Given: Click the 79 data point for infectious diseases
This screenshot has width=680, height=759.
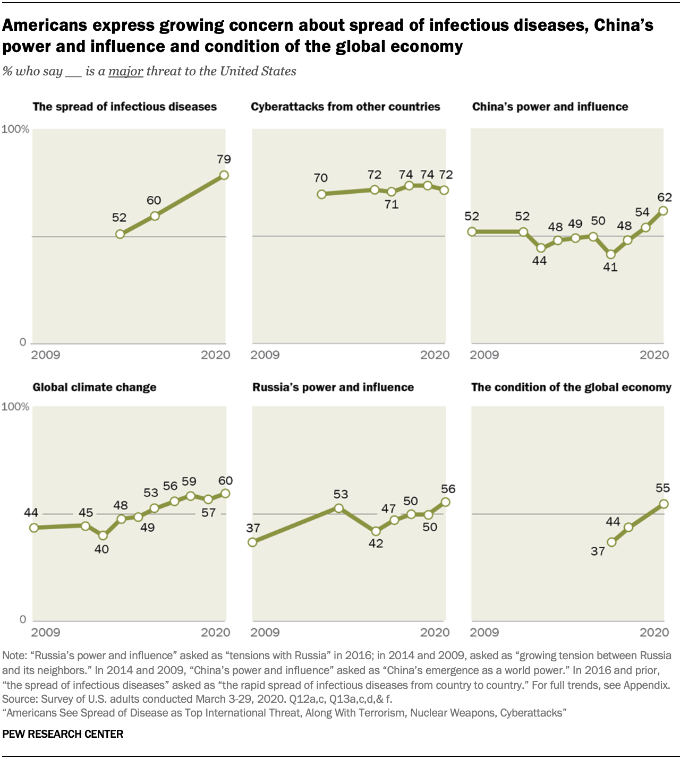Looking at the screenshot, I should (x=224, y=175).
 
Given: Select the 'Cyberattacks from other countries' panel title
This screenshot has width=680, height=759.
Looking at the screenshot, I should (x=345, y=107).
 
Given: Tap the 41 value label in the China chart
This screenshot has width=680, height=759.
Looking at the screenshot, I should (x=610, y=267).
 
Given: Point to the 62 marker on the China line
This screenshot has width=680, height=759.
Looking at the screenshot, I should (x=663, y=211).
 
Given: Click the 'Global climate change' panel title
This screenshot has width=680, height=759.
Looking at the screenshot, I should (x=95, y=387).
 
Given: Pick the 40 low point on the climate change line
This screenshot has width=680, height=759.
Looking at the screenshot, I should (x=103, y=536).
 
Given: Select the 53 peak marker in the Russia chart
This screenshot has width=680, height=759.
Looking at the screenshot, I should (x=339, y=508).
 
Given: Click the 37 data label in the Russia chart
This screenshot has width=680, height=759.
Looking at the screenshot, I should (x=253, y=528).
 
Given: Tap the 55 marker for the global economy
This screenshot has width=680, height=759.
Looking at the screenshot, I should (x=664, y=504).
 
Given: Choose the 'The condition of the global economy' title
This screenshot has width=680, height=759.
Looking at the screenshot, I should (x=571, y=387).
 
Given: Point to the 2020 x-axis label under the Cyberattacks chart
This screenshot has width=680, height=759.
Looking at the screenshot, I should (x=435, y=355).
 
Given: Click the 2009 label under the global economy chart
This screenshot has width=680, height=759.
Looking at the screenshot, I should (x=484, y=632).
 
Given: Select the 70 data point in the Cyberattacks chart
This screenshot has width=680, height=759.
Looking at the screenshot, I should (x=321, y=194).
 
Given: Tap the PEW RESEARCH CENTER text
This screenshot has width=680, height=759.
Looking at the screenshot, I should (x=63, y=734).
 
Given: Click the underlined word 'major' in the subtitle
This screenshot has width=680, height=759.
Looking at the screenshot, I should (x=126, y=71).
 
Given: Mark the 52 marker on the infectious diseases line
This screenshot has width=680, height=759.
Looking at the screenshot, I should (x=120, y=234).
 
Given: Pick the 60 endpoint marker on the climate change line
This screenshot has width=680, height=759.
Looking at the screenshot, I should (x=225, y=494).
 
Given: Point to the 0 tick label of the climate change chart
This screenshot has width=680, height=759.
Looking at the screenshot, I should (x=22, y=619).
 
